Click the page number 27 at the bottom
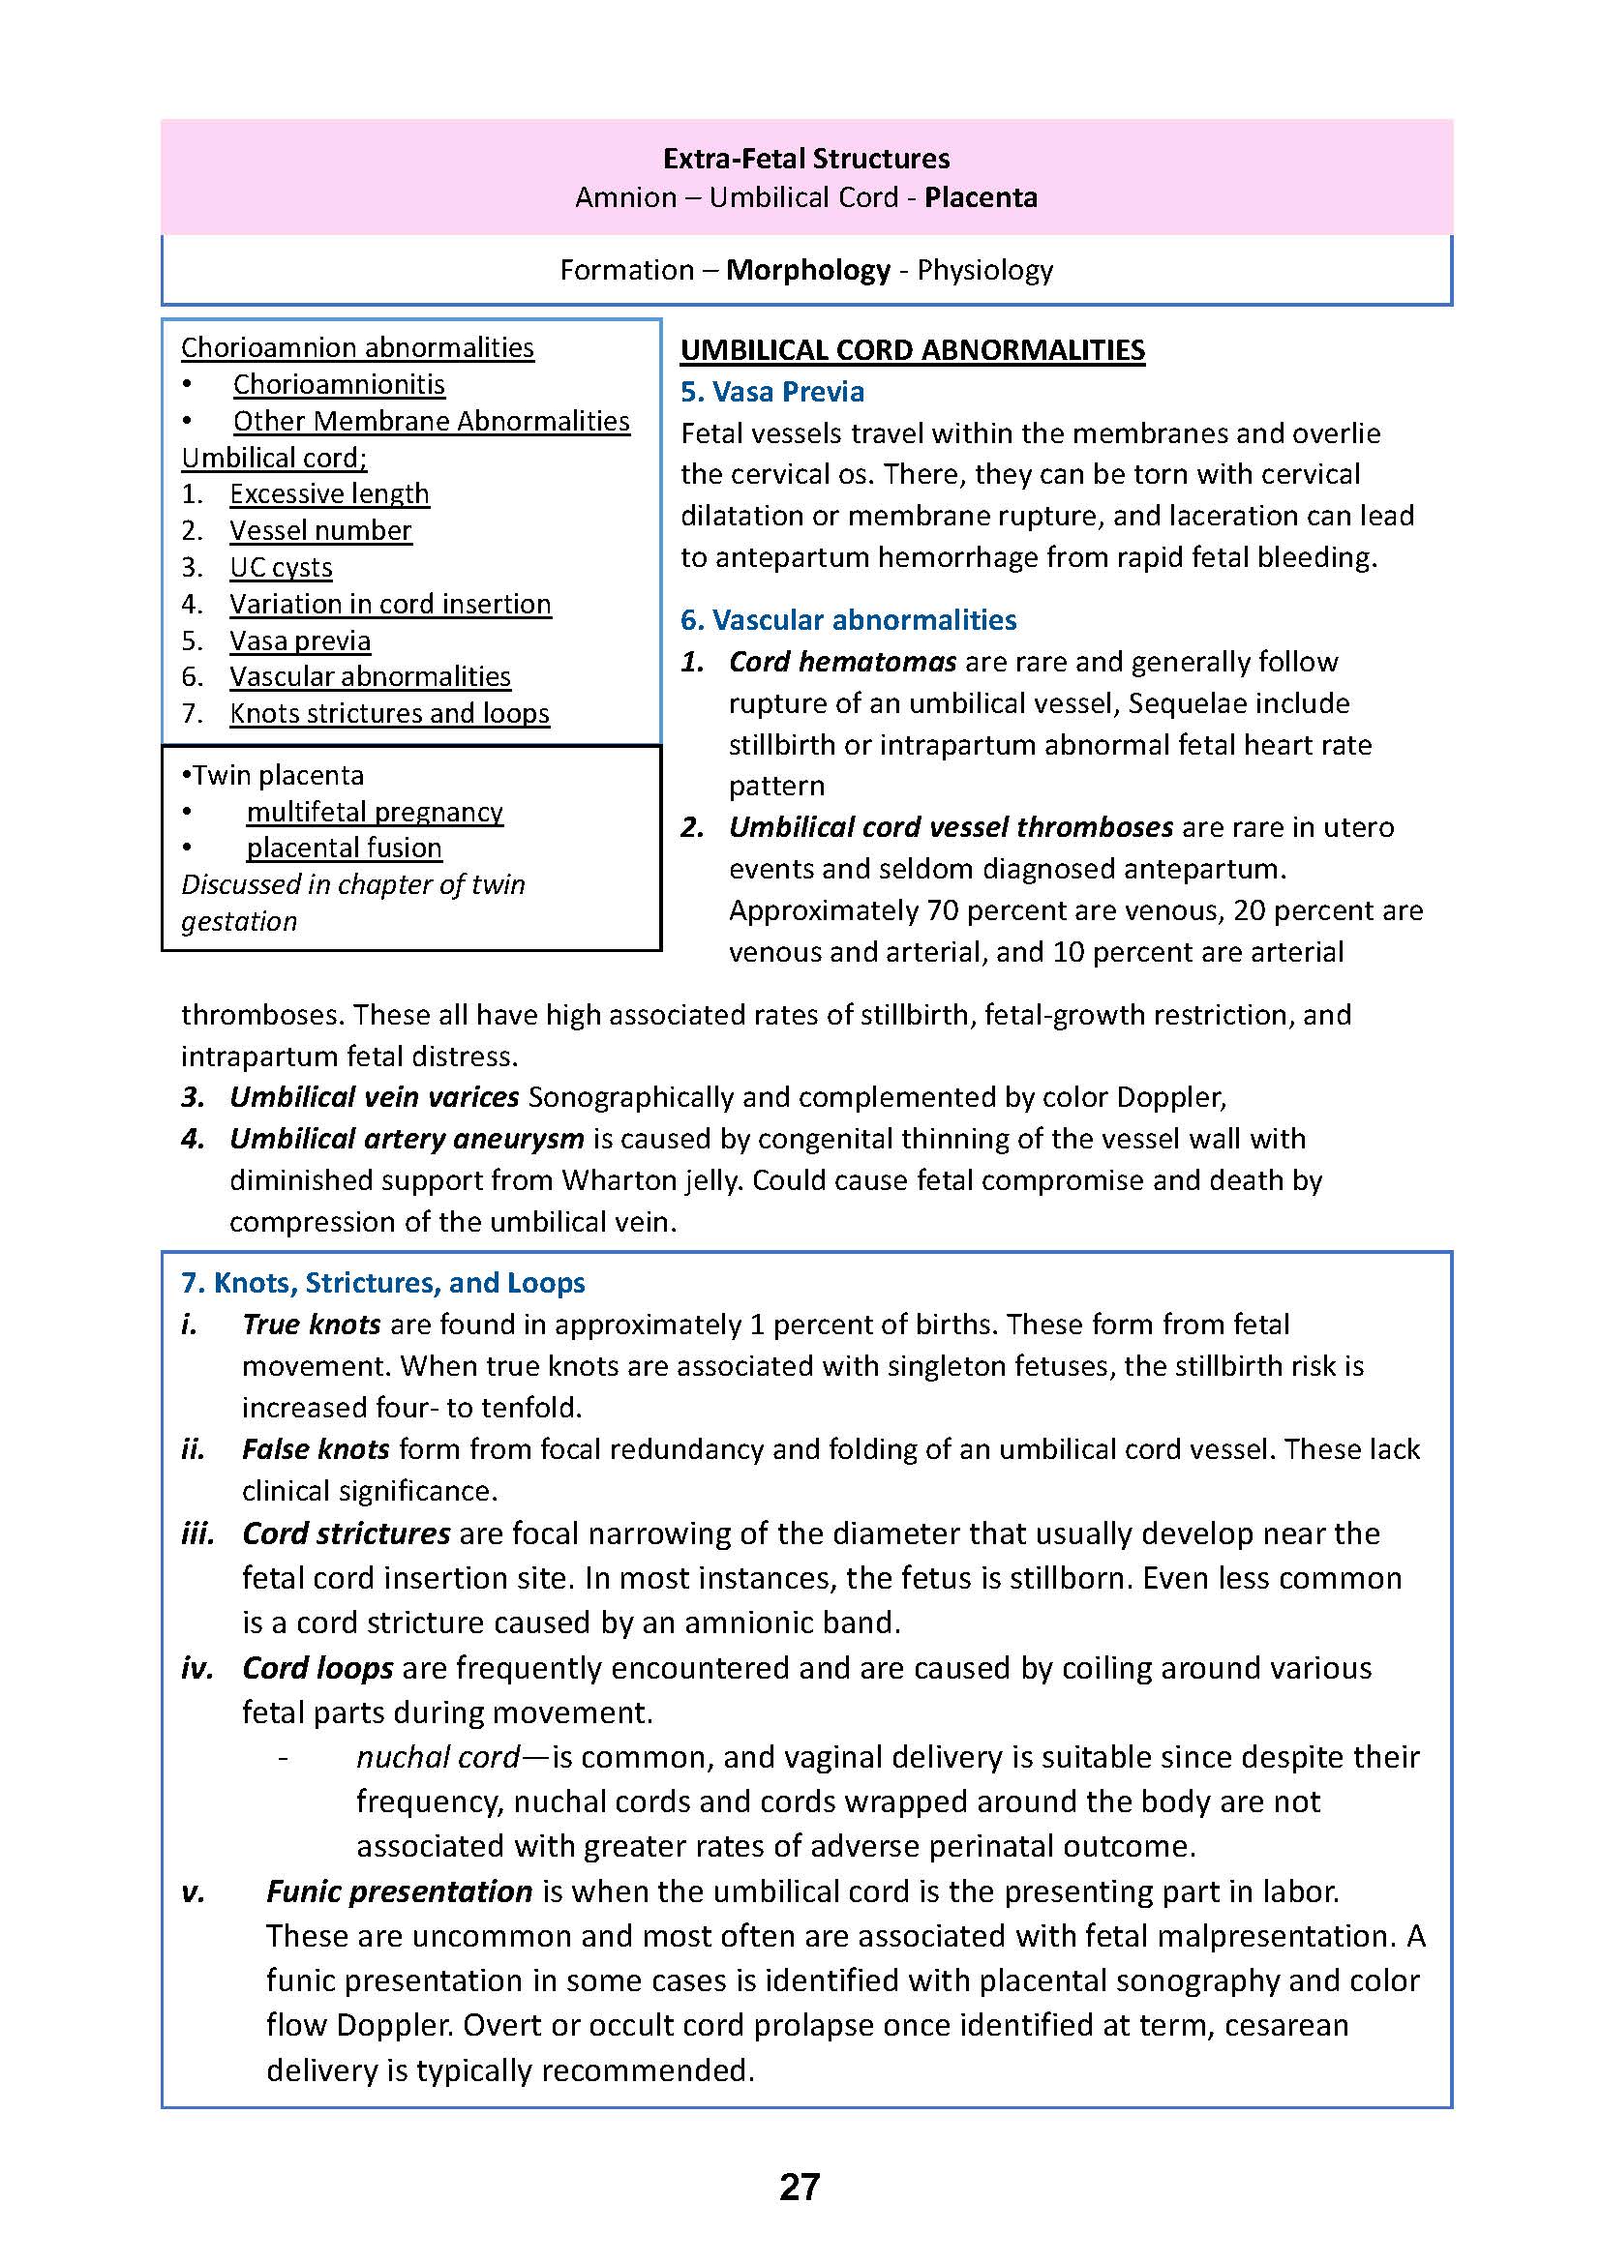(x=800, y=2187)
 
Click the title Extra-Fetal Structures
(x=805, y=159)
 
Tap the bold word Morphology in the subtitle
(x=807, y=270)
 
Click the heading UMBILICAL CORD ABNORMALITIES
(x=912, y=351)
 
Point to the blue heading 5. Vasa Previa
(x=771, y=392)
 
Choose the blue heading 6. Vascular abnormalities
(x=848, y=620)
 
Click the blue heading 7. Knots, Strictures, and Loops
(x=382, y=1282)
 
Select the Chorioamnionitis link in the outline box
(x=338, y=384)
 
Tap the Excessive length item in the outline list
(x=329, y=493)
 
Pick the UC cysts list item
(x=281, y=568)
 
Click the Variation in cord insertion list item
(x=390, y=604)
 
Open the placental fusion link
(x=344, y=848)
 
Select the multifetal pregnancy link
(x=375, y=811)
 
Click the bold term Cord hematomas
(x=842, y=662)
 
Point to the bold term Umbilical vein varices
(x=374, y=1097)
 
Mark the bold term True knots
(x=312, y=1325)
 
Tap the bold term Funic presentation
(x=399, y=1891)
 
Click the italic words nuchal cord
(x=438, y=1756)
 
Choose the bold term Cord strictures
(x=346, y=1533)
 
